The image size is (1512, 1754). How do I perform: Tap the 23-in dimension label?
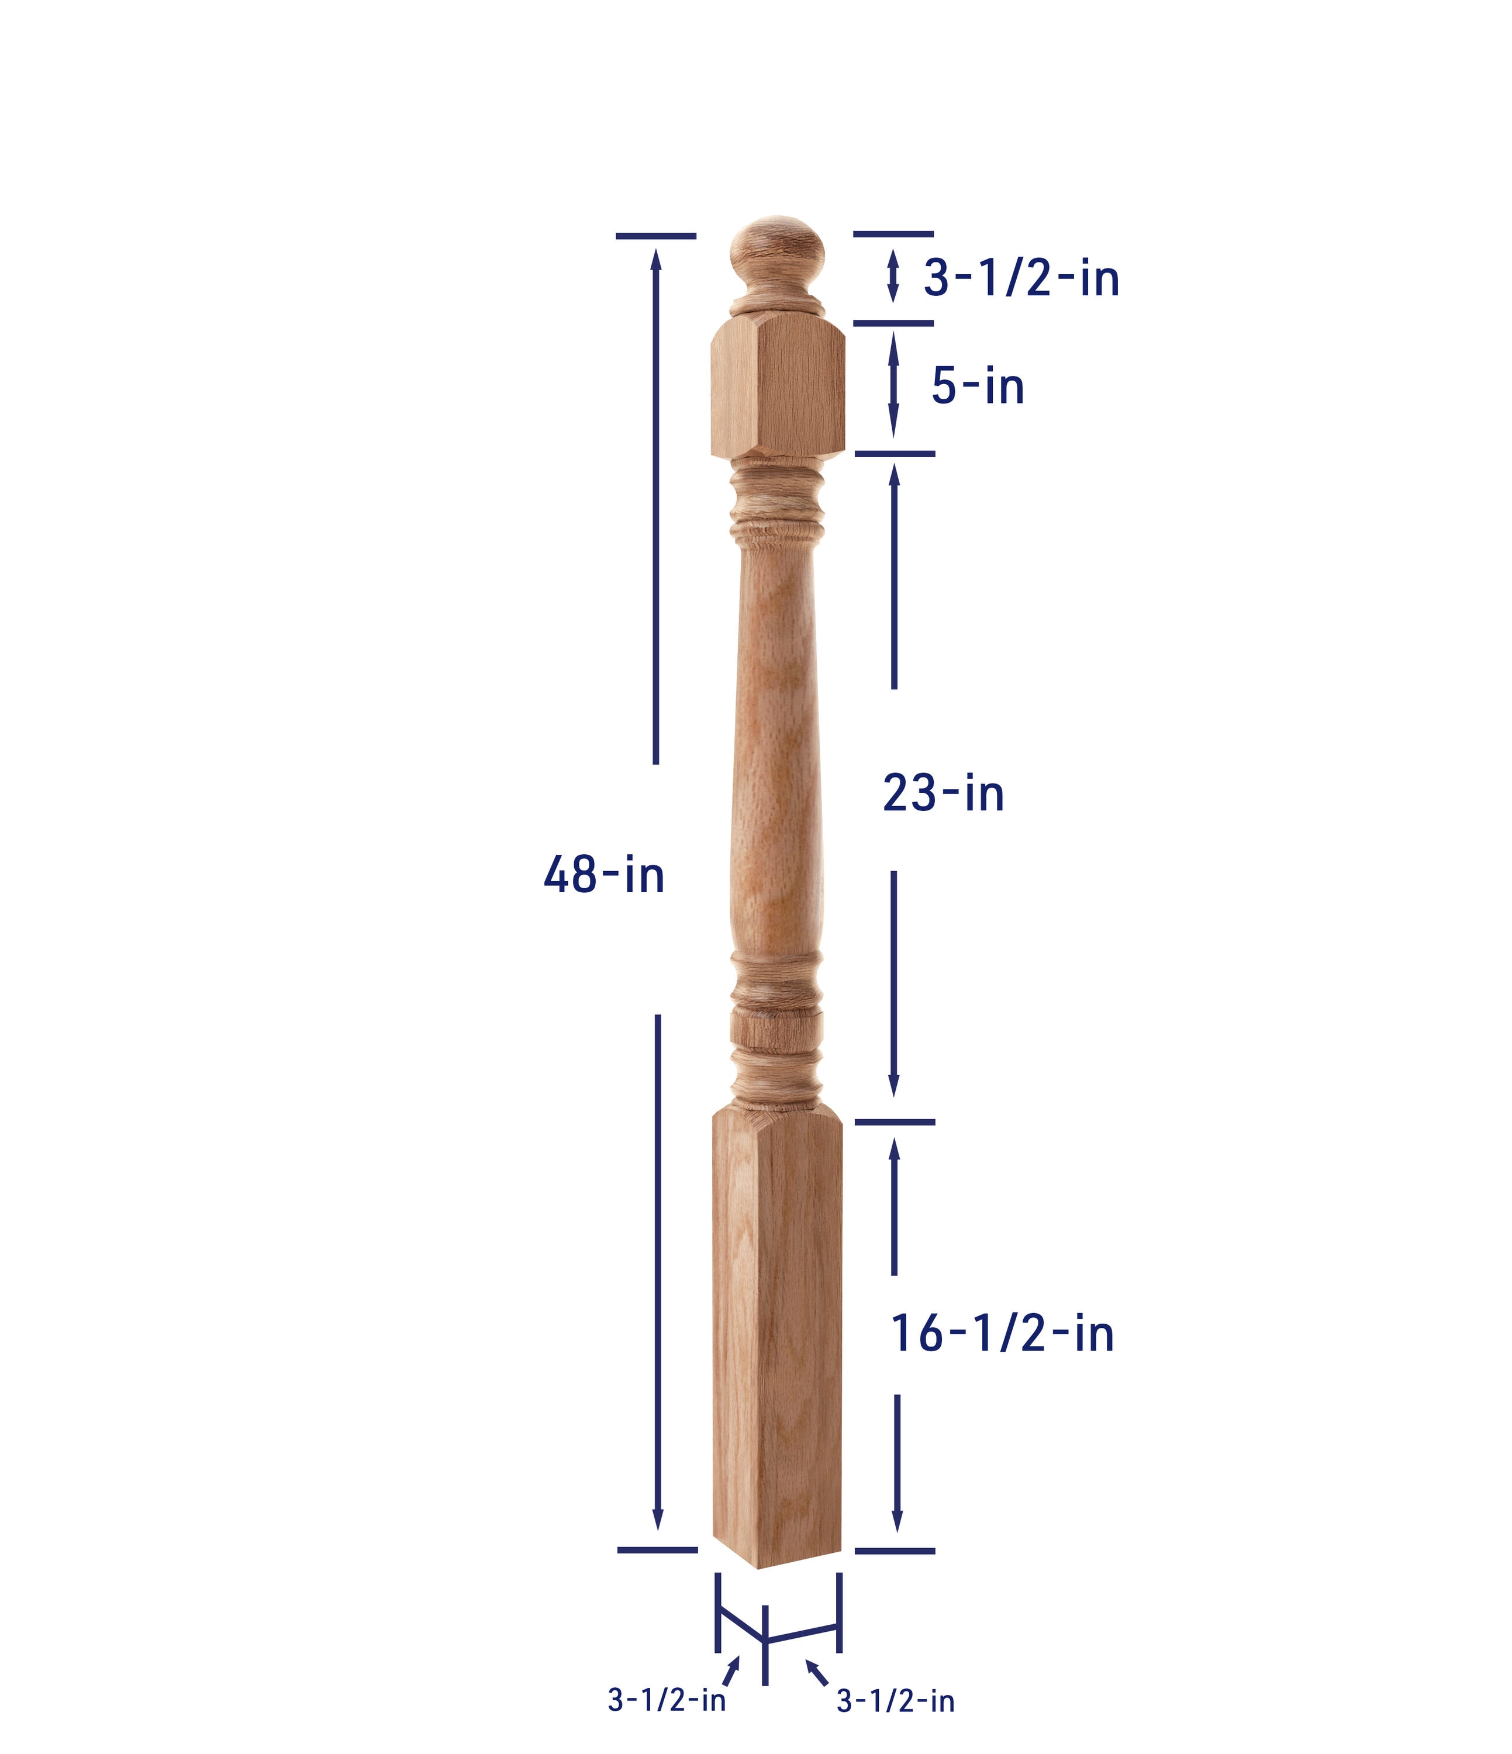pos(943,794)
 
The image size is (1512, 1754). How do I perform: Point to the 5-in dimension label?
pos(978,387)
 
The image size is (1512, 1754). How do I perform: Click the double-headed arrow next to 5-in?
pos(893,386)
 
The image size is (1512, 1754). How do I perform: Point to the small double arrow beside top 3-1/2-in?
pos(892,276)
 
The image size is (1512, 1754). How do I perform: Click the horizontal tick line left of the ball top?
pos(655,236)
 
